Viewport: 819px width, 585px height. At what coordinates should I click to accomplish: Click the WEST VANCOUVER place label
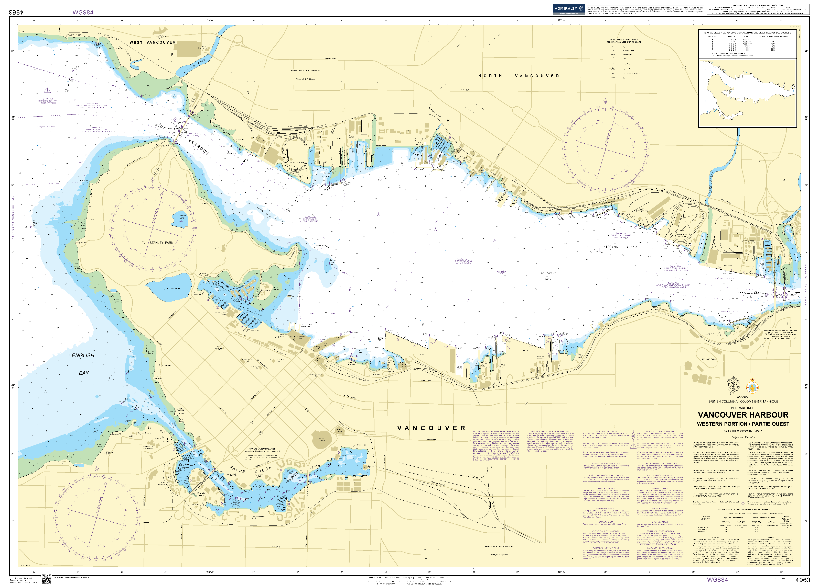pos(153,42)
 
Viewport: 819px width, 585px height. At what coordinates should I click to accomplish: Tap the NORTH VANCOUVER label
pos(519,76)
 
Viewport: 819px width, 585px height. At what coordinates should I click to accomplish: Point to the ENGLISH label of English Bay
pos(83,355)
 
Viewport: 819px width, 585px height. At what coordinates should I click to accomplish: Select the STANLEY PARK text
pos(161,243)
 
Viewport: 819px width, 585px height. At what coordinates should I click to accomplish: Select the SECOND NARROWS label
pos(752,293)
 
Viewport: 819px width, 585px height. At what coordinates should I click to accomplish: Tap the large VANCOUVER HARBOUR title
pos(743,415)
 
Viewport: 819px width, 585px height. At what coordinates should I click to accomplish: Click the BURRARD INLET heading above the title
pos(743,408)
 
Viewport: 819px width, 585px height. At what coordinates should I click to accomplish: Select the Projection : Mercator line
pos(743,437)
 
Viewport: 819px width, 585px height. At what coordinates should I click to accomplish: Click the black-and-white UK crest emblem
pos(733,385)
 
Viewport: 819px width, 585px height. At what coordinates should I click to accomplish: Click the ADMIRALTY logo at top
pos(569,9)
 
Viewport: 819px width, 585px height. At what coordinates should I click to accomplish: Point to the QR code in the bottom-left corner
pos(46,579)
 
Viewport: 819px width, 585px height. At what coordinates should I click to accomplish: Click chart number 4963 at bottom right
pos(802,580)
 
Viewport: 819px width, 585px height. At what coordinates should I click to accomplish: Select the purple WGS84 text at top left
pos(83,12)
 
